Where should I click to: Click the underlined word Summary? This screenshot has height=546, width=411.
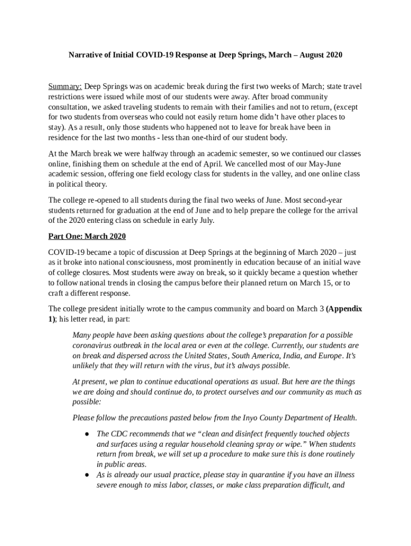point(65,86)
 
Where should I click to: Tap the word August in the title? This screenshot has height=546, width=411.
point(309,55)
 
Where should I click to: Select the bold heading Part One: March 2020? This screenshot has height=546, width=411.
point(87,236)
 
